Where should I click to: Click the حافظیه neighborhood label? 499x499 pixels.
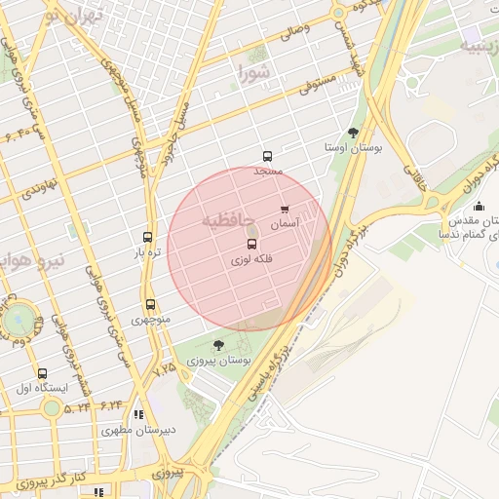click(x=226, y=221)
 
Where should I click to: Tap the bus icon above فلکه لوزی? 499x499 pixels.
click(x=251, y=244)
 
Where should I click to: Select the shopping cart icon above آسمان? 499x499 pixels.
click(x=285, y=210)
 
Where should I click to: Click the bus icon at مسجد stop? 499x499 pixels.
click(x=267, y=156)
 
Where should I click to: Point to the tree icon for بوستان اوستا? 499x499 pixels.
click(x=353, y=133)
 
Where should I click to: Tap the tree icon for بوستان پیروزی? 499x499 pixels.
click(x=218, y=345)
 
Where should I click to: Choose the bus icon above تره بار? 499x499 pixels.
click(x=147, y=237)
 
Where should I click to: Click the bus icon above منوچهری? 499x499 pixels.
click(x=150, y=305)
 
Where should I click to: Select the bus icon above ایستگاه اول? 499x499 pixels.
click(x=41, y=373)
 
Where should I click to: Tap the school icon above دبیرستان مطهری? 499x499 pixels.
click(x=138, y=414)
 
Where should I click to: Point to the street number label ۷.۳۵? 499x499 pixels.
click(x=165, y=368)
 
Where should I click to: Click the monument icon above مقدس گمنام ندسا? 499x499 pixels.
click(x=479, y=206)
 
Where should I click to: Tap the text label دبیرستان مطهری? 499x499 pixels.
click(x=138, y=430)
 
